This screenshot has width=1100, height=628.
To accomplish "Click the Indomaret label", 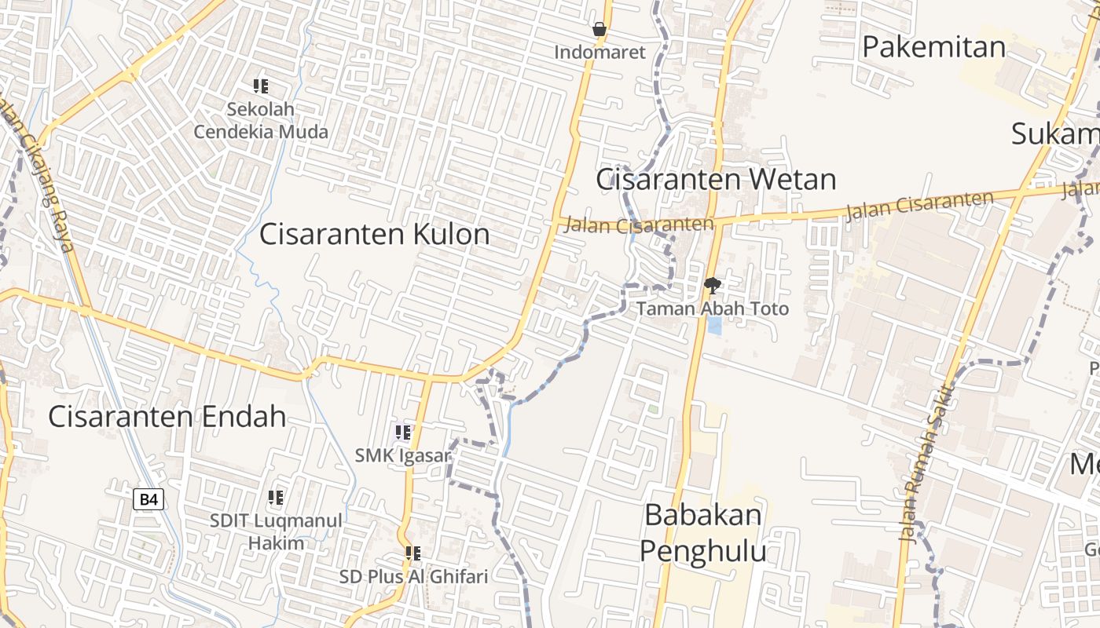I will [599, 53].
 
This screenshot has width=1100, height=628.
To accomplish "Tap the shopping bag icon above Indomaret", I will [599, 31].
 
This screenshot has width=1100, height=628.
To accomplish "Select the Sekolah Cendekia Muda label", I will [261, 120].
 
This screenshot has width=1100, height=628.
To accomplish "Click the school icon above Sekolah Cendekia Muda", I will [261, 86].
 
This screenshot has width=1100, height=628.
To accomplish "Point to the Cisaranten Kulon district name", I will [375, 234].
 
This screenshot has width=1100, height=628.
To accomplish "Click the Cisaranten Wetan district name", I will [716, 180].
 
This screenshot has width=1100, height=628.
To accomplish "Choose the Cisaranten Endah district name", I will [167, 416].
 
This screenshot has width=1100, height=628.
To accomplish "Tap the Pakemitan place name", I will [933, 47].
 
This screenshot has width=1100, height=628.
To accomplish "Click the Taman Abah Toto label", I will [712, 309].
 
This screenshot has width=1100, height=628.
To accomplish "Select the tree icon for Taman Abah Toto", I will [712, 286].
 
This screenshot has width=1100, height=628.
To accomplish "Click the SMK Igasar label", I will [403, 455].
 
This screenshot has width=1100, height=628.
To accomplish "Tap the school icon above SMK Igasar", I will [403, 433].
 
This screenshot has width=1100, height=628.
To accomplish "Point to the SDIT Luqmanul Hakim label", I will [276, 531].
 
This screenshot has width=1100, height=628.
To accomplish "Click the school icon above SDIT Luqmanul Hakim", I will [276, 498].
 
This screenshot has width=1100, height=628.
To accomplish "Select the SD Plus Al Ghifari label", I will [413, 577].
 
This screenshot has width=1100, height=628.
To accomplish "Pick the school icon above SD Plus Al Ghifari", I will [413, 553].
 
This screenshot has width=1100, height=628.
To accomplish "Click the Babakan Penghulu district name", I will [702, 533].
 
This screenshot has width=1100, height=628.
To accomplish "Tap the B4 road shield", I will [148, 499].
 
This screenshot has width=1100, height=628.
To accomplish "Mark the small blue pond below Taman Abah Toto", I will [714, 325].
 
